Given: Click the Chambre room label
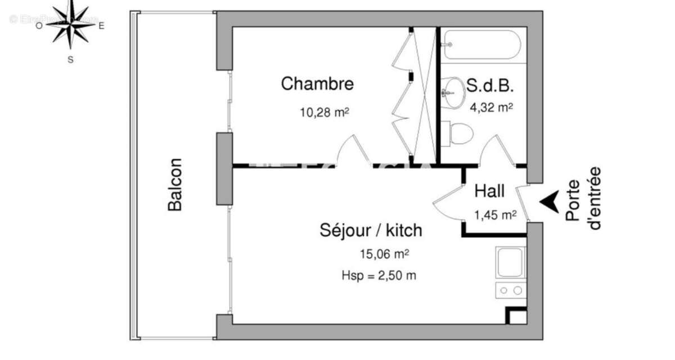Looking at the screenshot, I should pyautogui.click(x=317, y=84).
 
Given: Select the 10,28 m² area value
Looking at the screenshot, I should pyautogui.click(x=325, y=112).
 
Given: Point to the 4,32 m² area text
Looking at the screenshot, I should pyautogui.click(x=491, y=107).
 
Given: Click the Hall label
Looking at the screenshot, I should pyautogui.click(x=489, y=191).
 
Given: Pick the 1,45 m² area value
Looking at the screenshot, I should pyautogui.click(x=495, y=214).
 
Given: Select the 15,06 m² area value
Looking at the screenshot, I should pyautogui.click(x=384, y=254).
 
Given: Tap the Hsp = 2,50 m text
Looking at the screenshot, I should pyautogui.click(x=379, y=275).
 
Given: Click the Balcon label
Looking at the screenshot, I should pyautogui.click(x=175, y=184).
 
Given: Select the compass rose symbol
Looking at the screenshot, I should pyautogui.click(x=70, y=24).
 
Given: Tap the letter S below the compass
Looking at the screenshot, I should pyautogui.click(x=70, y=59).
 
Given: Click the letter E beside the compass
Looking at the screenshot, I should pyautogui.click(x=102, y=25).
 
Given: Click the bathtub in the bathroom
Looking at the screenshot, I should pyautogui.click(x=481, y=44).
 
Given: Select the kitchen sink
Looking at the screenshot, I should pyautogui.click(x=510, y=262).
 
